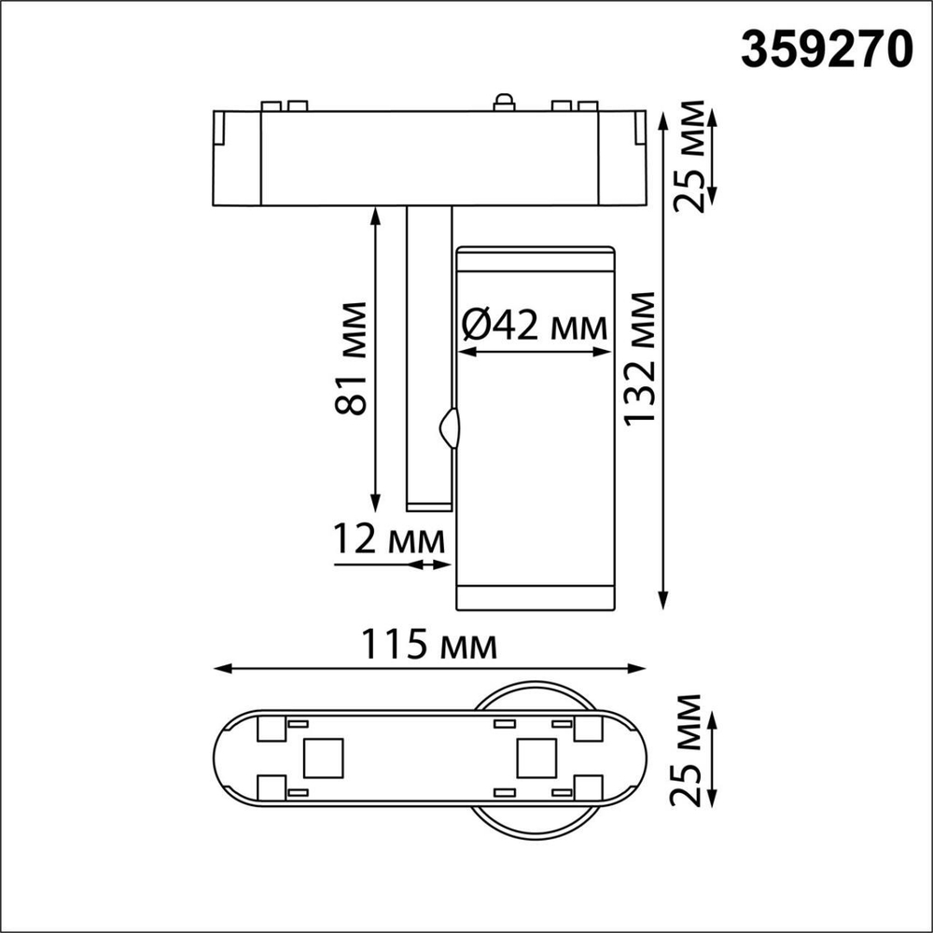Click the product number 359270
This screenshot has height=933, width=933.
[x=826, y=48]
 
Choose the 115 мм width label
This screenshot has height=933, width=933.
[x=430, y=645]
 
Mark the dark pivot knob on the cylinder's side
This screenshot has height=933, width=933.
[x=449, y=429]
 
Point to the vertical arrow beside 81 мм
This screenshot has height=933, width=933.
[x=375, y=358]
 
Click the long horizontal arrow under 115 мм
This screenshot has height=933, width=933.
[x=430, y=668]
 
